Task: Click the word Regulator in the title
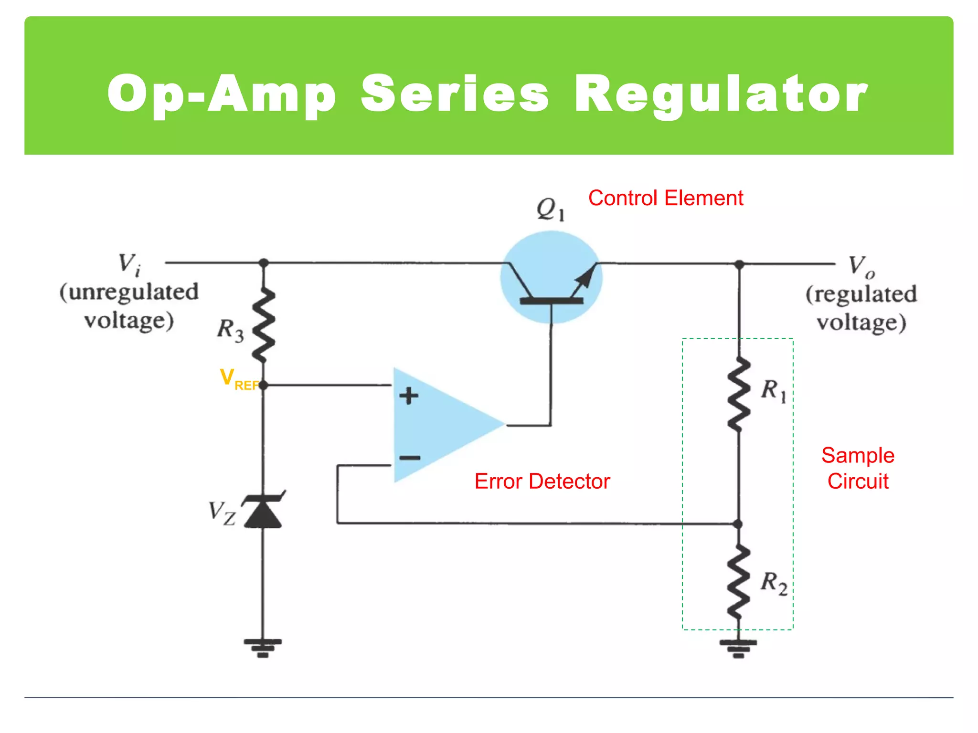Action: click(x=721, y=94)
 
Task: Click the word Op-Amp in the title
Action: click(x=222, y=94)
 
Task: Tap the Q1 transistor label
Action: click(x=551, y=209)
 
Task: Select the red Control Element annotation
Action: click(x=665, y=198)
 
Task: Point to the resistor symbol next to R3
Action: click(x=264, y=325)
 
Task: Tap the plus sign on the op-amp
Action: click(x=409, y=396)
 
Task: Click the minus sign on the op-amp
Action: click(x=410, y=458)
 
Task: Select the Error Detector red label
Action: click(x=542, y=481)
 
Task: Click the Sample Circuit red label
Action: click(x=858, y=468)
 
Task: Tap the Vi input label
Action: click(x=129, y=264)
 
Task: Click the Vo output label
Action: click(x=861, y=266)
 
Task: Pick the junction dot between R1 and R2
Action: click(x=738, y=524)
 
